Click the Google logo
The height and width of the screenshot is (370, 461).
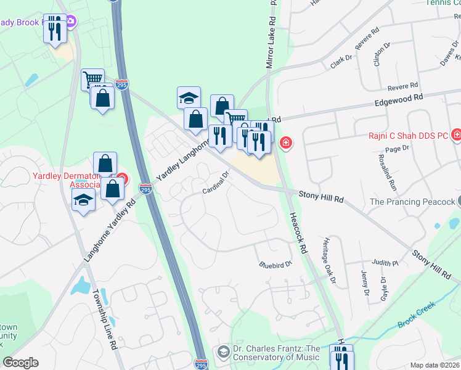click(x=21, y=363)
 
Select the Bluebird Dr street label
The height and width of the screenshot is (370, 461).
click(x=274, y=264)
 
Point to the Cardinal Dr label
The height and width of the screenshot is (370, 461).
click(x=216, y=183)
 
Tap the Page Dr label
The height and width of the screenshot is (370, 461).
click(x=397, y=149)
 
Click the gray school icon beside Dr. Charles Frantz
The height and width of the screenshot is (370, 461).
click(x=223, y=352)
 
